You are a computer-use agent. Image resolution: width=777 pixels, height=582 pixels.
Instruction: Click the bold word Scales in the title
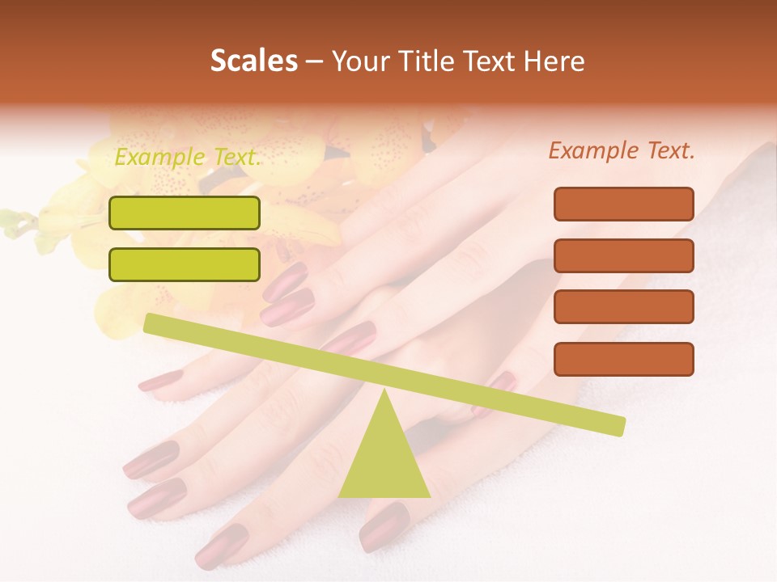254,61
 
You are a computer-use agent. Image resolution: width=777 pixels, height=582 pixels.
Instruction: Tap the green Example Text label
188,157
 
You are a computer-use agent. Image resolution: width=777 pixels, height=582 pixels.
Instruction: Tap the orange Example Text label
622,150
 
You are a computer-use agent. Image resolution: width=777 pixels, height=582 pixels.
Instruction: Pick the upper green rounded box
185,213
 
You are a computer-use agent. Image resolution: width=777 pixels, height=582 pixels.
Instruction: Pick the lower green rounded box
185,264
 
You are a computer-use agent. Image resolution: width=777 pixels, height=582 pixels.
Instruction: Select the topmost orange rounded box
624,204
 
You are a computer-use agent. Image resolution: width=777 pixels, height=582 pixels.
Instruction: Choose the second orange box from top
624,255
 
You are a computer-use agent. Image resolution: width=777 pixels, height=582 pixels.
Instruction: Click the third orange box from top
624,307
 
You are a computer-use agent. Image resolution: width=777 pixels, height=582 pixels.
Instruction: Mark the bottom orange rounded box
624,359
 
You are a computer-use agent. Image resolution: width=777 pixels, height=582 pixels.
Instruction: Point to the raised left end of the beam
150,323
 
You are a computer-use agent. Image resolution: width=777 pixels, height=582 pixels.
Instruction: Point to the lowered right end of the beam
619,425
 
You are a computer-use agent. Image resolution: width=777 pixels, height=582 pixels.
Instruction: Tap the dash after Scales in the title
314,61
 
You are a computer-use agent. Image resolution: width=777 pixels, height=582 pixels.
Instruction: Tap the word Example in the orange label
592,150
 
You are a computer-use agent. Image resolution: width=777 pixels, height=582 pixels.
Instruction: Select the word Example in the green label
158,157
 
